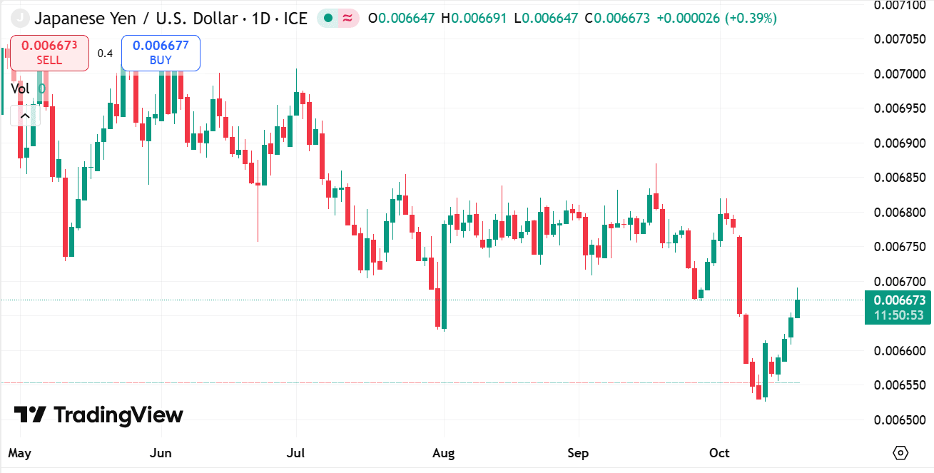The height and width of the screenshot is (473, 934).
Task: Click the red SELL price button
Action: point(49,53)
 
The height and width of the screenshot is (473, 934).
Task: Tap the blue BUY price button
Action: point(161,53)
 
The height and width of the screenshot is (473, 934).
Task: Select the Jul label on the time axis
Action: point(296,453)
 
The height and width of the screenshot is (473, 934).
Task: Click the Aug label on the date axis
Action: point(444,453)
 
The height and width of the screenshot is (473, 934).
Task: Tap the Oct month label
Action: point(720,453)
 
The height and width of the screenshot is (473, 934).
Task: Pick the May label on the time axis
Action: point(19,453)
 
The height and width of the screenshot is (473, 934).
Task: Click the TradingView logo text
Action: point(118,414)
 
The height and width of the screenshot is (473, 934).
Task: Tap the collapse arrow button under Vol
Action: point(25,116)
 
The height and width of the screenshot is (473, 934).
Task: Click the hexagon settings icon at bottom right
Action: point(900,453)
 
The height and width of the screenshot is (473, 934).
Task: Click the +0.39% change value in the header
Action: point(751,18)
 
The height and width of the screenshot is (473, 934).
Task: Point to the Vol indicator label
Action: point(20,88)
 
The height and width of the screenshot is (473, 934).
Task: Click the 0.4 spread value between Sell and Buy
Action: point(105,53)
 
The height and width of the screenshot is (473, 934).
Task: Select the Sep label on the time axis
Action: point(578,453)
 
